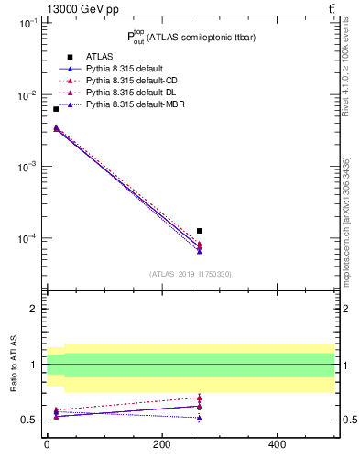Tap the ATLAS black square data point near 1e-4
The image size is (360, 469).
200,231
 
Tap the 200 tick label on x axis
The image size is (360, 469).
161,444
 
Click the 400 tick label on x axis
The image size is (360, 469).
277,444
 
